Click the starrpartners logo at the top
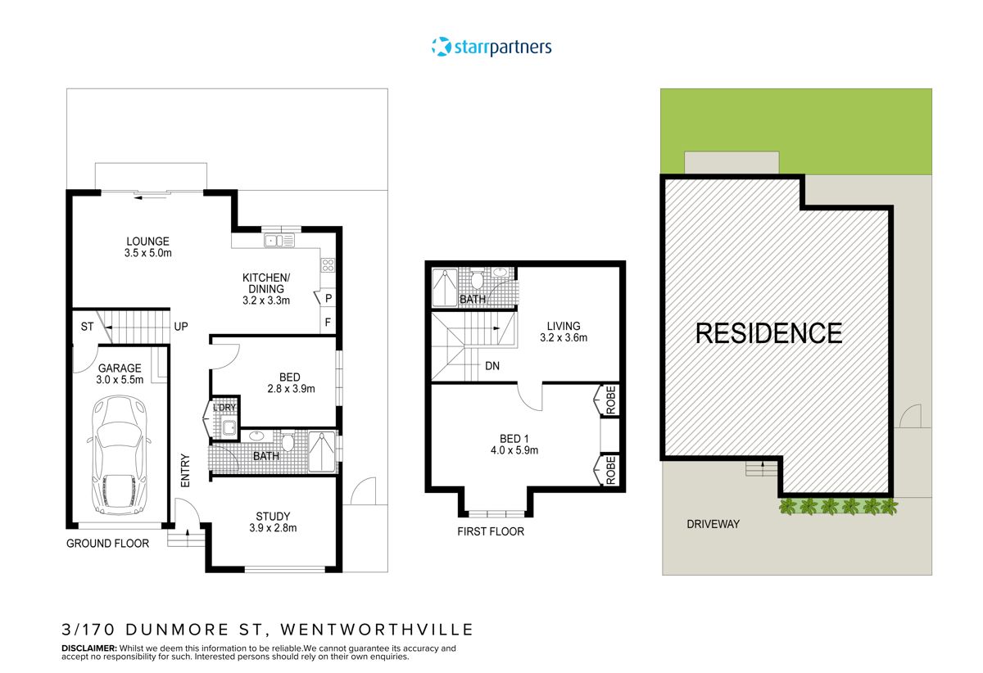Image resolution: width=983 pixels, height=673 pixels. (x=491, y=47)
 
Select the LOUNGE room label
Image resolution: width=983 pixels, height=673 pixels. (x=148, y=247)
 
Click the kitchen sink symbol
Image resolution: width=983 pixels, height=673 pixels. (x=279, y=240)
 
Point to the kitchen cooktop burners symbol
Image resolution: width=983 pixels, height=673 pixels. (x=327, y=264)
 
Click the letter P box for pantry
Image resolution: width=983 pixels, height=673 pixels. (x=328, y=300)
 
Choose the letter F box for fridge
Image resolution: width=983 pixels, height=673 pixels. (x=328, y=323)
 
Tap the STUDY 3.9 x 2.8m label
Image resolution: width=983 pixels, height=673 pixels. (x=273, y=522)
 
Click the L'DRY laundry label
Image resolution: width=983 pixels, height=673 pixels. (x=223, y=408)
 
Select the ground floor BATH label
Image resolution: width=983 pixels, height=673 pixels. (x=265, y=456)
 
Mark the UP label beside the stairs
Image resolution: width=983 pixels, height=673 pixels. (x=181, y=327)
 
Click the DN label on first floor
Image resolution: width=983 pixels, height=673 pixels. (x=492, y=366)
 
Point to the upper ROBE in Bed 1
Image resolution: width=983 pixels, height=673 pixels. (x=609, y=401)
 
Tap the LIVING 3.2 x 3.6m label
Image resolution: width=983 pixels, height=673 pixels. (x=564, y=332)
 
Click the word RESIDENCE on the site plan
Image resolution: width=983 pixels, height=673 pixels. (x=768, y=333)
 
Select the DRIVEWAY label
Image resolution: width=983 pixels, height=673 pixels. (x=713, y=523)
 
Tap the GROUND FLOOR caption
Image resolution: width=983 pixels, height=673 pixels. (x=108, y=543)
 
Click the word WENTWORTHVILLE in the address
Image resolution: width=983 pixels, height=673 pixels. (x=378, y=630)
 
